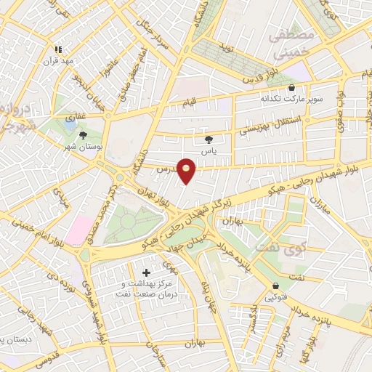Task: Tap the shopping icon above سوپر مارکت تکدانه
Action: [x=291, y=87]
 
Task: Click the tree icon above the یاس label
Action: [x=209, y=139]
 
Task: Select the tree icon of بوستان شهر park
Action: [x=84, y=134]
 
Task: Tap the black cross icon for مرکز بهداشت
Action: [x=147, y=272]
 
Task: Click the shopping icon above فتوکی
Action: [x=275, y=286]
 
